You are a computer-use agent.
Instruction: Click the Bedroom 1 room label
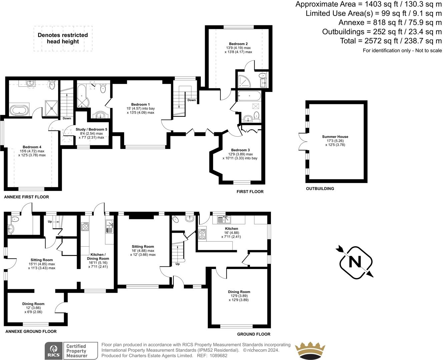click(140, 104)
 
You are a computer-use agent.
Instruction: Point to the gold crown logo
click(311, 350)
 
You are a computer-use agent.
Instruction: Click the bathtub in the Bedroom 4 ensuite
click(19, 110)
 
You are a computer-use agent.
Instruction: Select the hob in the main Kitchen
click(202, 234)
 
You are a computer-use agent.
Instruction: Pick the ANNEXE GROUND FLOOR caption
click(31, 331)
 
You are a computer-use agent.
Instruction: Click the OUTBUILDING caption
click(320, 189)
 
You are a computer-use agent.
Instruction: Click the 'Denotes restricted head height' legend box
click(63, 38)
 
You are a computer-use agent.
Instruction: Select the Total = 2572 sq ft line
click(391, 41)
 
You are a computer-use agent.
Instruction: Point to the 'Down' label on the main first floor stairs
click(191, 100)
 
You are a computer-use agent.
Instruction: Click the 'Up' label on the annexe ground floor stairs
click(50, 222)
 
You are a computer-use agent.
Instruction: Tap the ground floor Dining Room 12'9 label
click(239, 292)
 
